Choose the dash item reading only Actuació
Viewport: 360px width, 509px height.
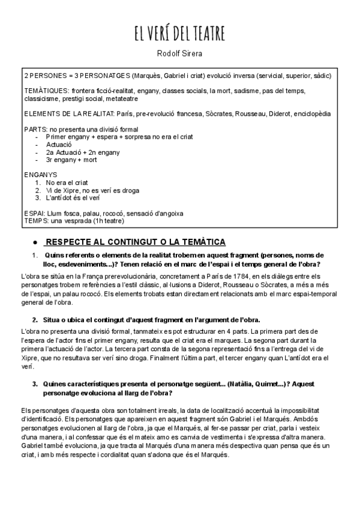59,145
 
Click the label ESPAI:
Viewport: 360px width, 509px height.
34,214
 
